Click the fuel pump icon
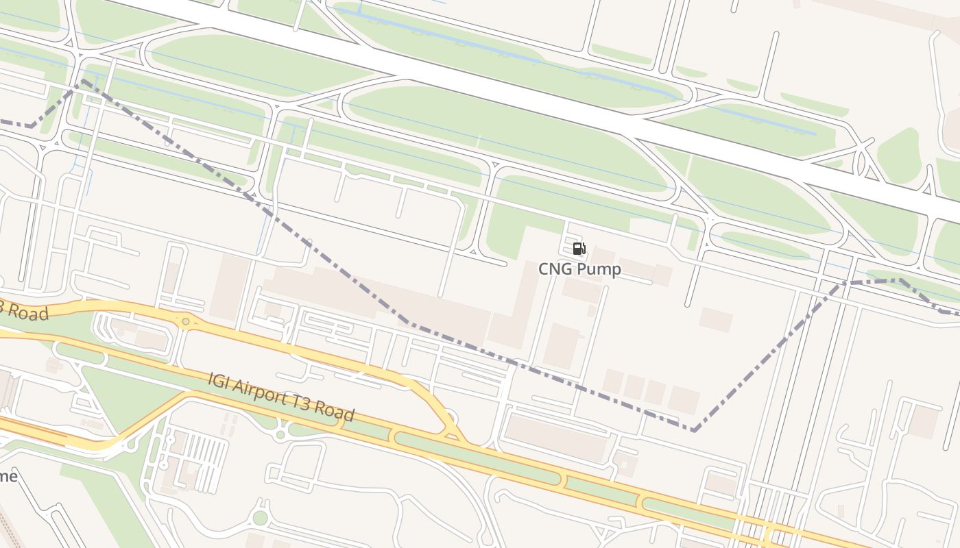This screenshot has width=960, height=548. coord(579,249)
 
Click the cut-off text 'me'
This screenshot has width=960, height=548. coord(8,476)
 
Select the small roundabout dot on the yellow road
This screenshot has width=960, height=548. coord(185,321)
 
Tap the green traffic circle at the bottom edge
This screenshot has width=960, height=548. coord(260,518)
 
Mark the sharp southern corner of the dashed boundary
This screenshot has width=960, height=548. coord(694,430)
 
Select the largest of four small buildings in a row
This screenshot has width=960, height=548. coord(684,399)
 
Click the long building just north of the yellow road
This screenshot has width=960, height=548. coord(555,436)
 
